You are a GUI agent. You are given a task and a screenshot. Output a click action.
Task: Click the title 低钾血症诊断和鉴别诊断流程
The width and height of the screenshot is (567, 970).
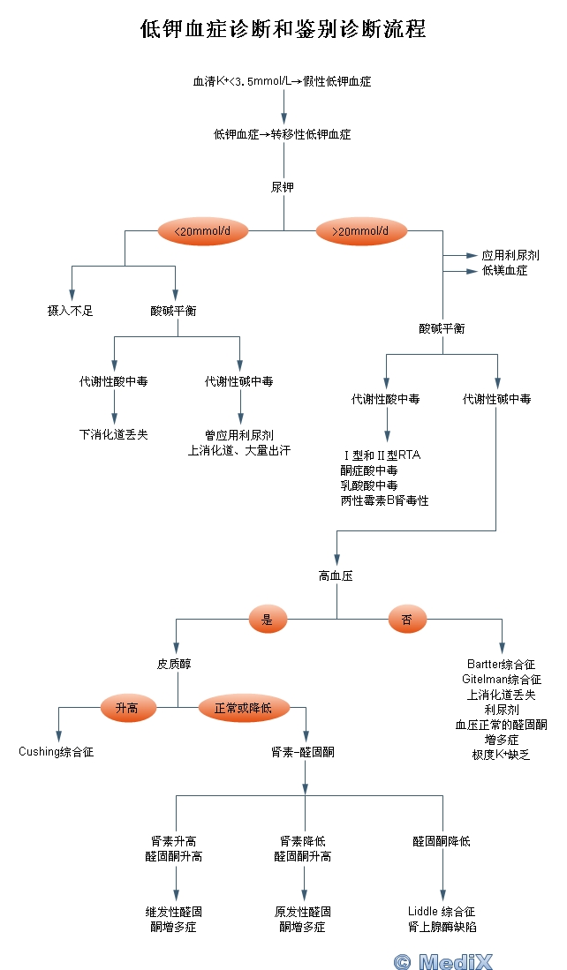[283, 30]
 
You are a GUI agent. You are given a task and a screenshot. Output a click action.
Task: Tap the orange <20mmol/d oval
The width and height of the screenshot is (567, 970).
[203, 231]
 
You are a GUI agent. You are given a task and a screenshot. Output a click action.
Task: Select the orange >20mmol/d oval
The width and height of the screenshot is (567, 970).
[362, 231]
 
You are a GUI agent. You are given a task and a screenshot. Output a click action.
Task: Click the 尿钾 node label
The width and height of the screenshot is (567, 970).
[283, 187]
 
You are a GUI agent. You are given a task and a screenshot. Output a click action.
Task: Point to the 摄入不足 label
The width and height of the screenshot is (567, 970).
[71, 311]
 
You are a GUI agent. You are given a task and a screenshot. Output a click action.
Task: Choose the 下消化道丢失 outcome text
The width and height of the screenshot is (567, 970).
[114, 434]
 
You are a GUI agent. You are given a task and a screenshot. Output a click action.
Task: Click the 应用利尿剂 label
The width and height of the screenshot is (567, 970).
[510, 255]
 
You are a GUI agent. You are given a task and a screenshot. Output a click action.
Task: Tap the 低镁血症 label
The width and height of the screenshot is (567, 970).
[505, 271]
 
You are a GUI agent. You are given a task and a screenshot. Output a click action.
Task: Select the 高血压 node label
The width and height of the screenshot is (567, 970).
[336, 575]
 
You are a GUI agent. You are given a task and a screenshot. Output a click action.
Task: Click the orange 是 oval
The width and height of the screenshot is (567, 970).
[268, 620]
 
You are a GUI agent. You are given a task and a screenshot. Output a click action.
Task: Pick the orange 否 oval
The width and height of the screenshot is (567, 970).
[407, 620]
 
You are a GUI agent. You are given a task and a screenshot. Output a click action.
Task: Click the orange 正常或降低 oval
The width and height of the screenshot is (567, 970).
[243, 708]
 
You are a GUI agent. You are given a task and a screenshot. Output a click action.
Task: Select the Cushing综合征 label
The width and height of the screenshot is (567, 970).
[57, 752]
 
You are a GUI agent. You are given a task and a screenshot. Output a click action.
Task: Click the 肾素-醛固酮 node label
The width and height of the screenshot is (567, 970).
[303, 752]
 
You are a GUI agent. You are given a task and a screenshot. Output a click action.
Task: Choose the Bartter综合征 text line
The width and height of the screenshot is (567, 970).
[501, 664]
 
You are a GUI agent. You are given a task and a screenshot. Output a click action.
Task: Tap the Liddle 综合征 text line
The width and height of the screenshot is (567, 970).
[442, 911]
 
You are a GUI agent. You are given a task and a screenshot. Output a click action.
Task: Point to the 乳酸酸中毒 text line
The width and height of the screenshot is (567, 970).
[369, 485]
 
